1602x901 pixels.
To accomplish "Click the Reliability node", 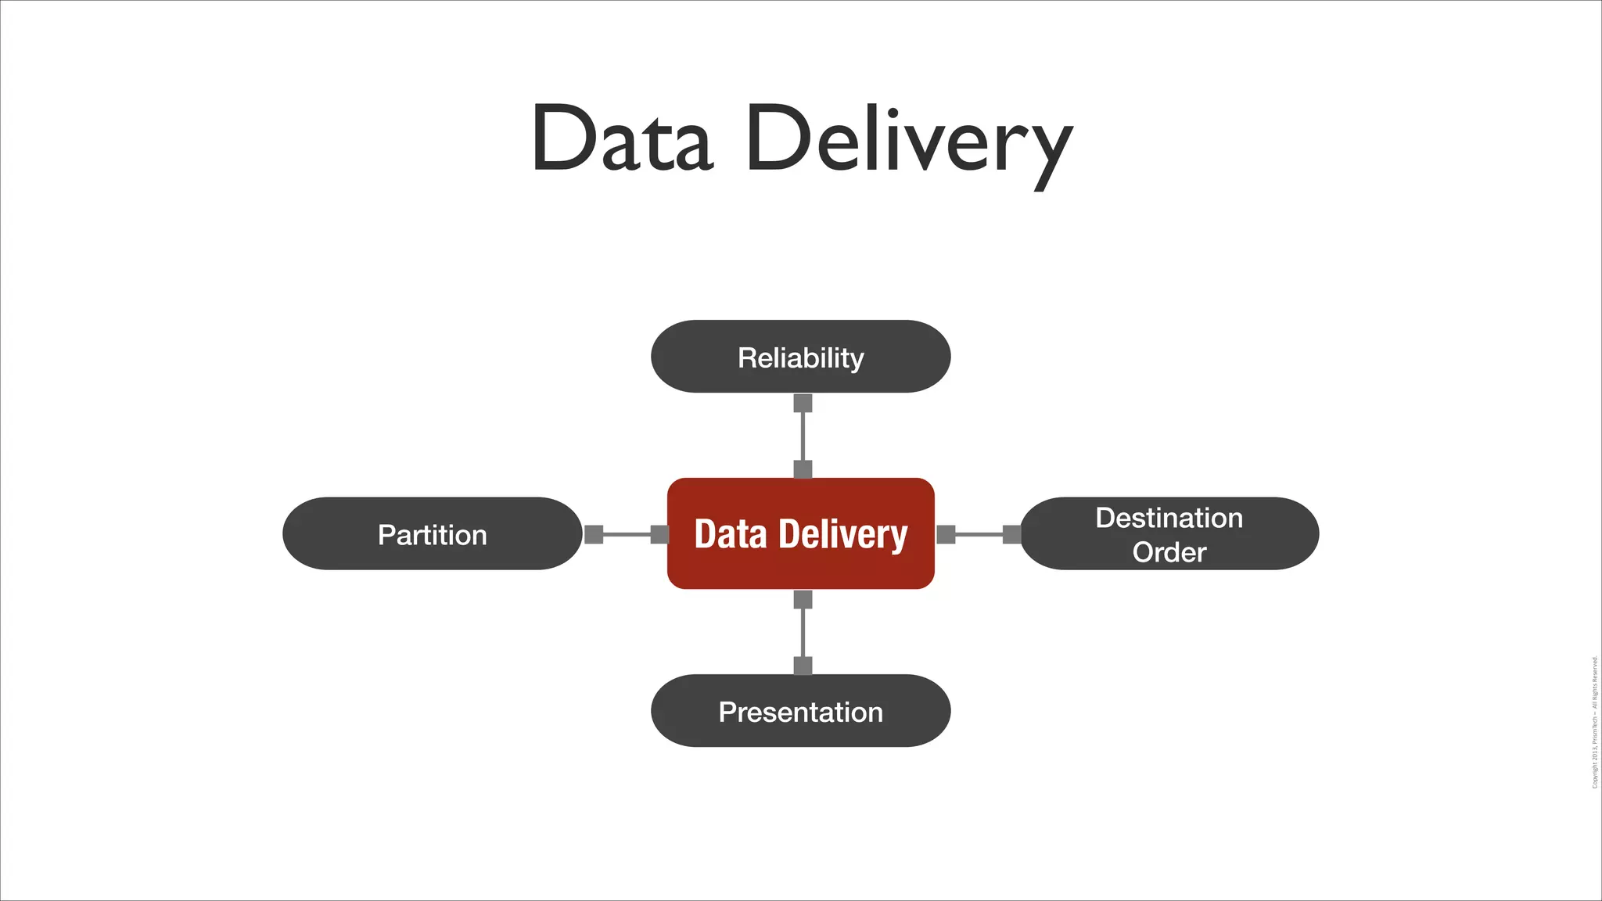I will [x=800, y=357].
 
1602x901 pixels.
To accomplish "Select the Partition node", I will [x=432, y=534].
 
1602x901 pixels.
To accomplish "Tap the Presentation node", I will [x=800, y=711].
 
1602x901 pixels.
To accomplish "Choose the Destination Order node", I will [x=1169, y=534].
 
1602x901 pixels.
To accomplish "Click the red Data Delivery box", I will [x=800, y=534].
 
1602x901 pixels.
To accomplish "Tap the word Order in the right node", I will [x=1169, y=552].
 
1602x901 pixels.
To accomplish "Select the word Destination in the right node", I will [x=1169, y=518].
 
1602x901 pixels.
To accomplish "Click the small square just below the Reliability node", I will [x=803, y=403].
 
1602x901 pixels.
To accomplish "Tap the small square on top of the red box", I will [x=803, y=469].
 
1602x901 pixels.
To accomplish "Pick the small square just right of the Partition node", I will [x=594, y=534].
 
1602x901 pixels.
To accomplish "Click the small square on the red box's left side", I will [x=659, y=534].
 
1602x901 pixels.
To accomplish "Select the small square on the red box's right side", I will [x=946, y=534].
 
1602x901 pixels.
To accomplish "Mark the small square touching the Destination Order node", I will [x=1011, y=534].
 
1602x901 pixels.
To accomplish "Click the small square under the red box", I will [x=803, y=599].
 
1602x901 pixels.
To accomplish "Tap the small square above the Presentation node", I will [x=803, y=666].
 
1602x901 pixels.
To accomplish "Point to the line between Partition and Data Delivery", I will [x=627, y=534].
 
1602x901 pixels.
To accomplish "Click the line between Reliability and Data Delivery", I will [x=803, y=436].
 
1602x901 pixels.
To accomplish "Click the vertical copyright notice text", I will [x=1594, y=722].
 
